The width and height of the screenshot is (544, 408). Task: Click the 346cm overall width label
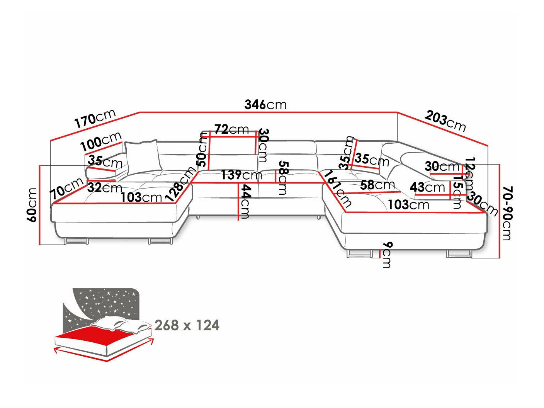pos(265,104)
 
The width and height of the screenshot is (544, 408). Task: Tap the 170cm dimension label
pos(95,119)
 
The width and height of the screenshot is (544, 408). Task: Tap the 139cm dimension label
pos(241,175)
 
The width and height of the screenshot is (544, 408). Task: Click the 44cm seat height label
pos(244,201)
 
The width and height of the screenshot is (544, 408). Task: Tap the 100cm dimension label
pos(101,142)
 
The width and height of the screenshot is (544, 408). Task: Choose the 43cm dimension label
pos(427,187)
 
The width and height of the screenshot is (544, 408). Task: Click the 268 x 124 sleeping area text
pos(187,325)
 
